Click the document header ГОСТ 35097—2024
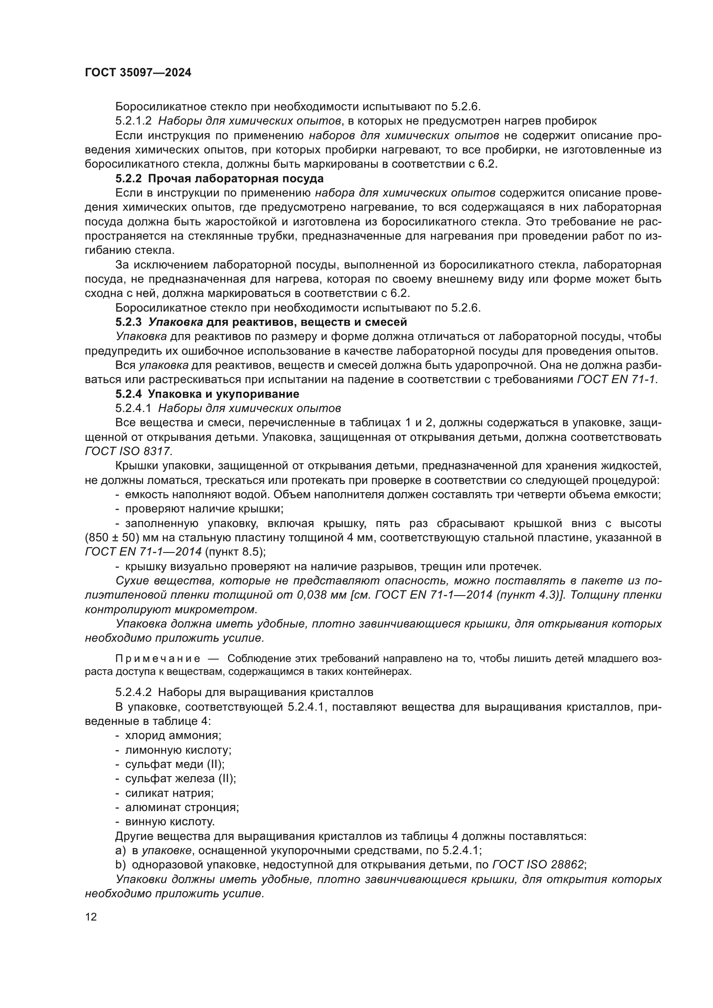(x=138, y=73)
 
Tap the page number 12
(x=91, y=917)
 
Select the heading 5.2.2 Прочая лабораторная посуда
(x=219, y=179)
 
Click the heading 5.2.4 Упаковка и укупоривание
(x=207, y=394)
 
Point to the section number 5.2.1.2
(x=134, y=121)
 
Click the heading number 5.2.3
(x=128, y=322)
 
